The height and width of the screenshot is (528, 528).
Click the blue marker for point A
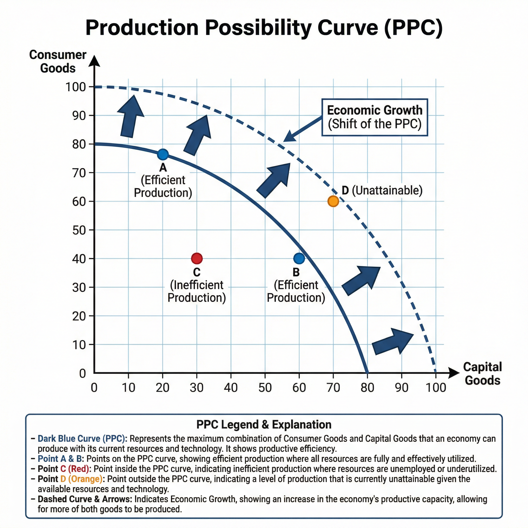[x=163, y=155]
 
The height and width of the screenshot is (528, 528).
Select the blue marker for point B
[x=299, y=258]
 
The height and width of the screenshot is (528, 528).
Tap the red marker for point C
[x=197, y=258]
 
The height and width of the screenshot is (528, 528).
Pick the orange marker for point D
[x=333, y=201]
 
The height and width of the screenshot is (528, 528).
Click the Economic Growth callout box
[x=375, y=117]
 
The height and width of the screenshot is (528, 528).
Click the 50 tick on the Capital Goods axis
[x=265, y=387]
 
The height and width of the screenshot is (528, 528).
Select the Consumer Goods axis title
[x=58, y=62]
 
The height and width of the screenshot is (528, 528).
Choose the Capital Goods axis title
[x=482, y=373]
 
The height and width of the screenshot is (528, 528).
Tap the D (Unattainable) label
[x=382, y=190]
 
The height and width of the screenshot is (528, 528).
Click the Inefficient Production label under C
[x=197, y=291]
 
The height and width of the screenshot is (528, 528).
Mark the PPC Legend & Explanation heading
[x=264, y=425]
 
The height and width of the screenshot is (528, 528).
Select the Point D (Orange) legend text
[x=70, y=479]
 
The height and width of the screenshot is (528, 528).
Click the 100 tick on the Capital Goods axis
[x=436, y=387]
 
